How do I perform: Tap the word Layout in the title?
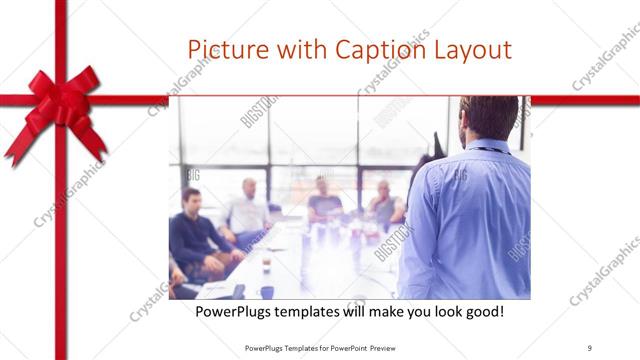[474, 50]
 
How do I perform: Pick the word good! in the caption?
[482, 313]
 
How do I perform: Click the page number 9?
[589, 347]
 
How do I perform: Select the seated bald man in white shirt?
[246, 211]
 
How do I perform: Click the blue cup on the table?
[267, 291]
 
